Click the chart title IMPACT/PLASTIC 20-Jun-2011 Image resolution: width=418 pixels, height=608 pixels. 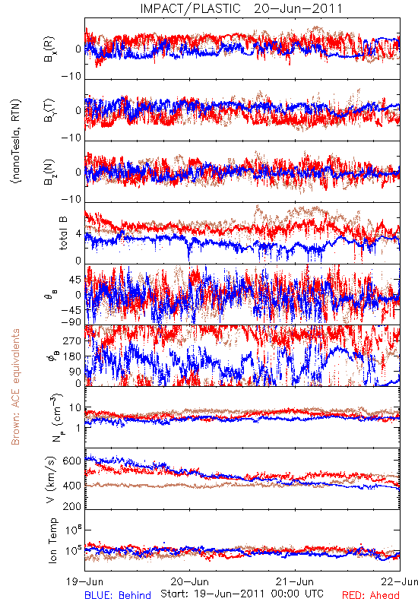tap(241, 8)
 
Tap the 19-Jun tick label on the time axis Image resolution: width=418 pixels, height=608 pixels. tap(84, 581)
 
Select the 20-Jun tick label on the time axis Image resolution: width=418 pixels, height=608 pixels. tap(189, 581)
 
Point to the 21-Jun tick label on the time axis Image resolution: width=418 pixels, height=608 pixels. tap(295, 581)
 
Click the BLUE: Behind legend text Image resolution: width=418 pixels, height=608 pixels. tap(118, 595)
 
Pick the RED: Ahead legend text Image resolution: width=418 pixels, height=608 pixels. tap(370, 595)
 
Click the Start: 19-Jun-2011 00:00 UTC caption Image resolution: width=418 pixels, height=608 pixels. tap(242, 594)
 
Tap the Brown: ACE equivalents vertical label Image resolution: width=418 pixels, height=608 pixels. tap(15, 387)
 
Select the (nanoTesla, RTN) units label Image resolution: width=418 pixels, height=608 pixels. tap(16, 141)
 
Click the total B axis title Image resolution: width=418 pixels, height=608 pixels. tap(63, 233)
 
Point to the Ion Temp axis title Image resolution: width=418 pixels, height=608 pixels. tap(52, 540)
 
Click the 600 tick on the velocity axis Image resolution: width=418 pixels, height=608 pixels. tap(71, 461)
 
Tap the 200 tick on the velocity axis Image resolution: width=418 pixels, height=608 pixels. tap(71, 505)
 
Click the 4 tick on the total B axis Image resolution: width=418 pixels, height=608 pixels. tap(79, 234)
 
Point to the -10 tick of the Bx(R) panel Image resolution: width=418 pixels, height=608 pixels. tap(71, 76)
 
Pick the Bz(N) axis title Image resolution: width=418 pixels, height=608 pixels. tap(49, 172)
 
